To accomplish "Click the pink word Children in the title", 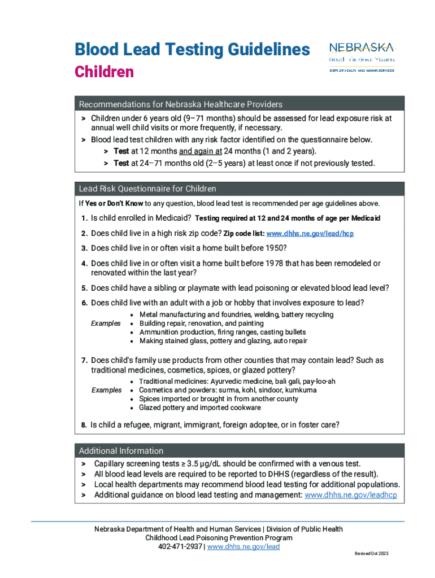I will tap(104, 72).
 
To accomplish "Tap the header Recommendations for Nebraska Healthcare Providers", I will tap(180, 104).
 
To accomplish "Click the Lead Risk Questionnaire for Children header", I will tap(147, 189).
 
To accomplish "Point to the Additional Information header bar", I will tap(121, 450).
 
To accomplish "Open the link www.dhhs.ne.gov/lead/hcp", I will tap(310, 234).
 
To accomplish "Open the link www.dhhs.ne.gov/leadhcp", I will tap(350, 495).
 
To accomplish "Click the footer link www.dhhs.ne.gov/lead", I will tap(243, 547).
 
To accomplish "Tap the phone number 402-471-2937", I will tap(179, 547).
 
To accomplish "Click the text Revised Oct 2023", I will tap(371, 554).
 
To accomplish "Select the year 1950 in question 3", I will tap(275, 248).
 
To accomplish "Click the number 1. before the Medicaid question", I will tap(84, 218).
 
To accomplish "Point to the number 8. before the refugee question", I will tap(83, 425).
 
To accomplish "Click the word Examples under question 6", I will tap(106, 323).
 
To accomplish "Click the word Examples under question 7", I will tap(106, 390).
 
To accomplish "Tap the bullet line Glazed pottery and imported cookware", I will tap(200, 408).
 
